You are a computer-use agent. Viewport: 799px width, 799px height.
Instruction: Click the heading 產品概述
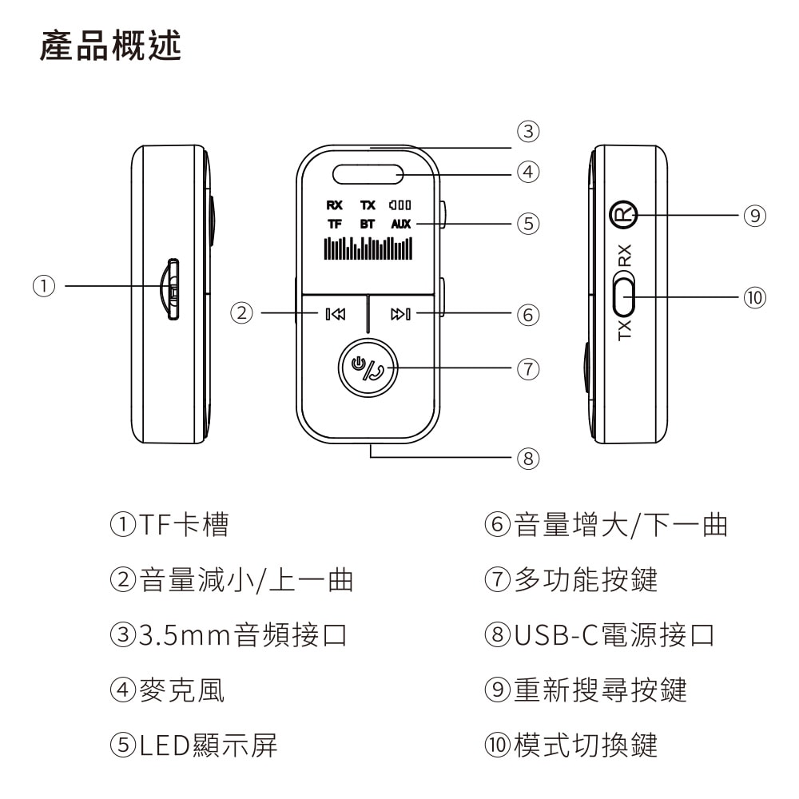(110, 47)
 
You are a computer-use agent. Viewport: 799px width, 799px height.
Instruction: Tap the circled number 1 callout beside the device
(45, 285)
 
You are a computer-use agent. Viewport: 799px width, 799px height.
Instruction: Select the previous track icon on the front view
(336, 314)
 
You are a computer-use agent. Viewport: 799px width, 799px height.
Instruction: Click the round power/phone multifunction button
(368, 368)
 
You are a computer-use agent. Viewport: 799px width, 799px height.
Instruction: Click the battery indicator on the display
(400, 205)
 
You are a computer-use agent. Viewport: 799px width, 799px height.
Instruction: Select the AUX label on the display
(400, 225)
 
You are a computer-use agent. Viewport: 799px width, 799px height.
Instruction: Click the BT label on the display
(367, 225)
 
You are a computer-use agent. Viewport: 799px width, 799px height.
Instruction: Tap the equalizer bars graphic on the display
(368, 248)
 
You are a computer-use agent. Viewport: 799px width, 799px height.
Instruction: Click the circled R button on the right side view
(623, 214)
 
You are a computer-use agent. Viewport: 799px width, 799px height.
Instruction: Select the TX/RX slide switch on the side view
(624, 295)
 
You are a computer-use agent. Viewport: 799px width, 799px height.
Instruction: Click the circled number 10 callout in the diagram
(753, 298)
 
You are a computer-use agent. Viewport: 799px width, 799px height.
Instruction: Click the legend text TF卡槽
(184, 525)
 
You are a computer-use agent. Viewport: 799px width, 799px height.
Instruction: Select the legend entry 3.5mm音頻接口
(243, 635)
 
